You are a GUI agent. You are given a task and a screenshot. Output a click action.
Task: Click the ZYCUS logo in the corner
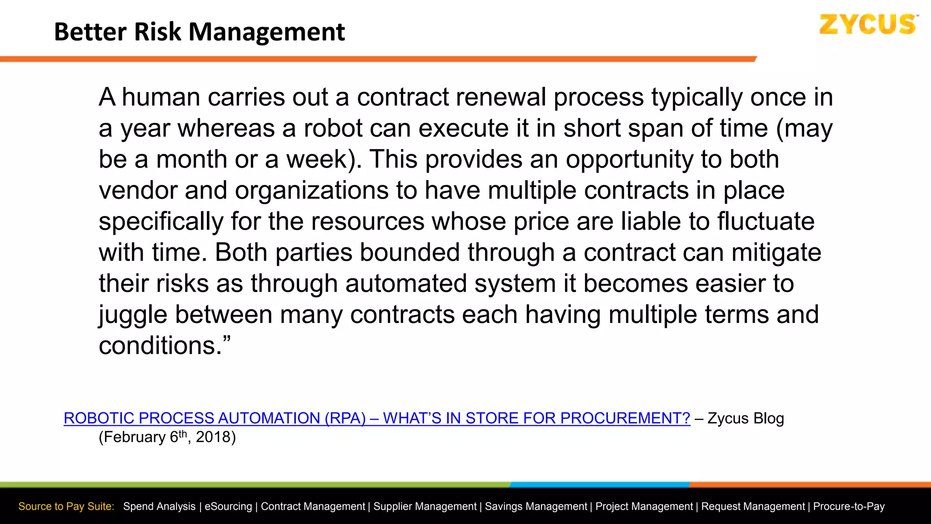[x=867, y=25]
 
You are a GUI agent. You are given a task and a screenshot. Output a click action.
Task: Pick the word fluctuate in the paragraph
[x=766, y=222]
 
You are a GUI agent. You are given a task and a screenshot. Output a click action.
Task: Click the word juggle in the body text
[x=133, y=315]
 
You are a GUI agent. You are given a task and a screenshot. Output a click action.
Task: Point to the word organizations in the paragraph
[x=311, y=191]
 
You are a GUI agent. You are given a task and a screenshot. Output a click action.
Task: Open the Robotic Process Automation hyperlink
[x=377, y=418]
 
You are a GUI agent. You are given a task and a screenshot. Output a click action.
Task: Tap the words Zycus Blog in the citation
[x=746, y=418]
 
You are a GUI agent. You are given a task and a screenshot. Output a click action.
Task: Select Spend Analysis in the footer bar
[x=159, y=506]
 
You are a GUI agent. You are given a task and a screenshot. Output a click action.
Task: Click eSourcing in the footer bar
[x=228, y=506]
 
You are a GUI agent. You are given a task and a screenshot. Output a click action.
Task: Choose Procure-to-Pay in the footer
[x=849, y=506]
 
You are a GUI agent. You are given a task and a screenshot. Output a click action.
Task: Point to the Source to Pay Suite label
[x=66, y=506]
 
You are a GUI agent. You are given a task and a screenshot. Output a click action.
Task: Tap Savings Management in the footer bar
[x=536, y=506]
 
